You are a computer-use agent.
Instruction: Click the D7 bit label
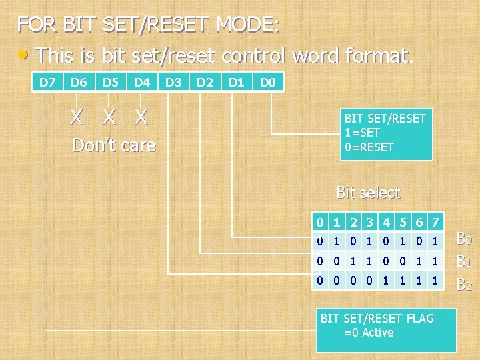tap(47, 83)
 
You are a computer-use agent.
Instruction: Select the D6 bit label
tap(79, 83)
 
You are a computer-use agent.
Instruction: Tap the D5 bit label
tap(110, 83)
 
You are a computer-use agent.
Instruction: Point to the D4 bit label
tap(141, 83)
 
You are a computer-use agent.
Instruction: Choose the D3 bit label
tap(173, 83)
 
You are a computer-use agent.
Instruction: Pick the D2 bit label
tap(205, 83)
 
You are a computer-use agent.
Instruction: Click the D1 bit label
tap(236, 83)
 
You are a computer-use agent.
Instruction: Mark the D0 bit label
tap(268, 83)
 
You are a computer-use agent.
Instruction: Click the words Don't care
tap(114, 145)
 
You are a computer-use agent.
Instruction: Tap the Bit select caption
tap(368, 193)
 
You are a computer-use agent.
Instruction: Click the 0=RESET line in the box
tap(369, 147)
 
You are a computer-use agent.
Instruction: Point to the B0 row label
tap(464, 239)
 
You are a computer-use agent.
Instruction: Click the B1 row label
tap(464, 262)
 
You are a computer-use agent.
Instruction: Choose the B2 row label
tap(464, 285)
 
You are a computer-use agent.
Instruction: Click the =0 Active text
tap(369, 333)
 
